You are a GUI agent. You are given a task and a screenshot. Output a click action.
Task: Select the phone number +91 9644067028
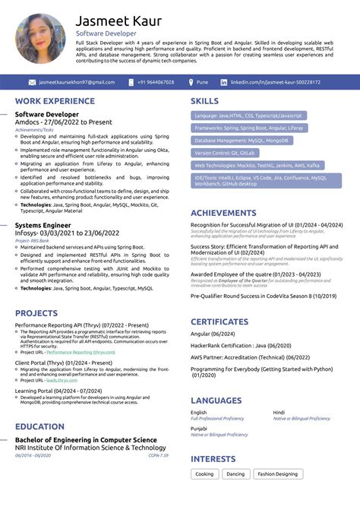tap(156, 82)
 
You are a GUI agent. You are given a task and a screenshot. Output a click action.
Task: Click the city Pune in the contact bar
tap(202, 82)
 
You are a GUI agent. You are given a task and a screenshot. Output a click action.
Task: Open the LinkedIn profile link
tap(275, 82)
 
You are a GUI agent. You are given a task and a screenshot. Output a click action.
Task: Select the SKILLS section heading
tap(204, 101)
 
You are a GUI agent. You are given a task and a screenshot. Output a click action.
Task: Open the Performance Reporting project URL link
tap(80, 352)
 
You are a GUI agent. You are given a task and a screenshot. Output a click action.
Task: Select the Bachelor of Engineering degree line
tap(86, 440)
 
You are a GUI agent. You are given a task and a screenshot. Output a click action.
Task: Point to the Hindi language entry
tap(279, 412)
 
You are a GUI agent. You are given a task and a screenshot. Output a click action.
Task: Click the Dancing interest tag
tap(236, 474)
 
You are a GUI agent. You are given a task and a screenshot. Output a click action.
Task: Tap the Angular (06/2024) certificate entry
tap(212, 333)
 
